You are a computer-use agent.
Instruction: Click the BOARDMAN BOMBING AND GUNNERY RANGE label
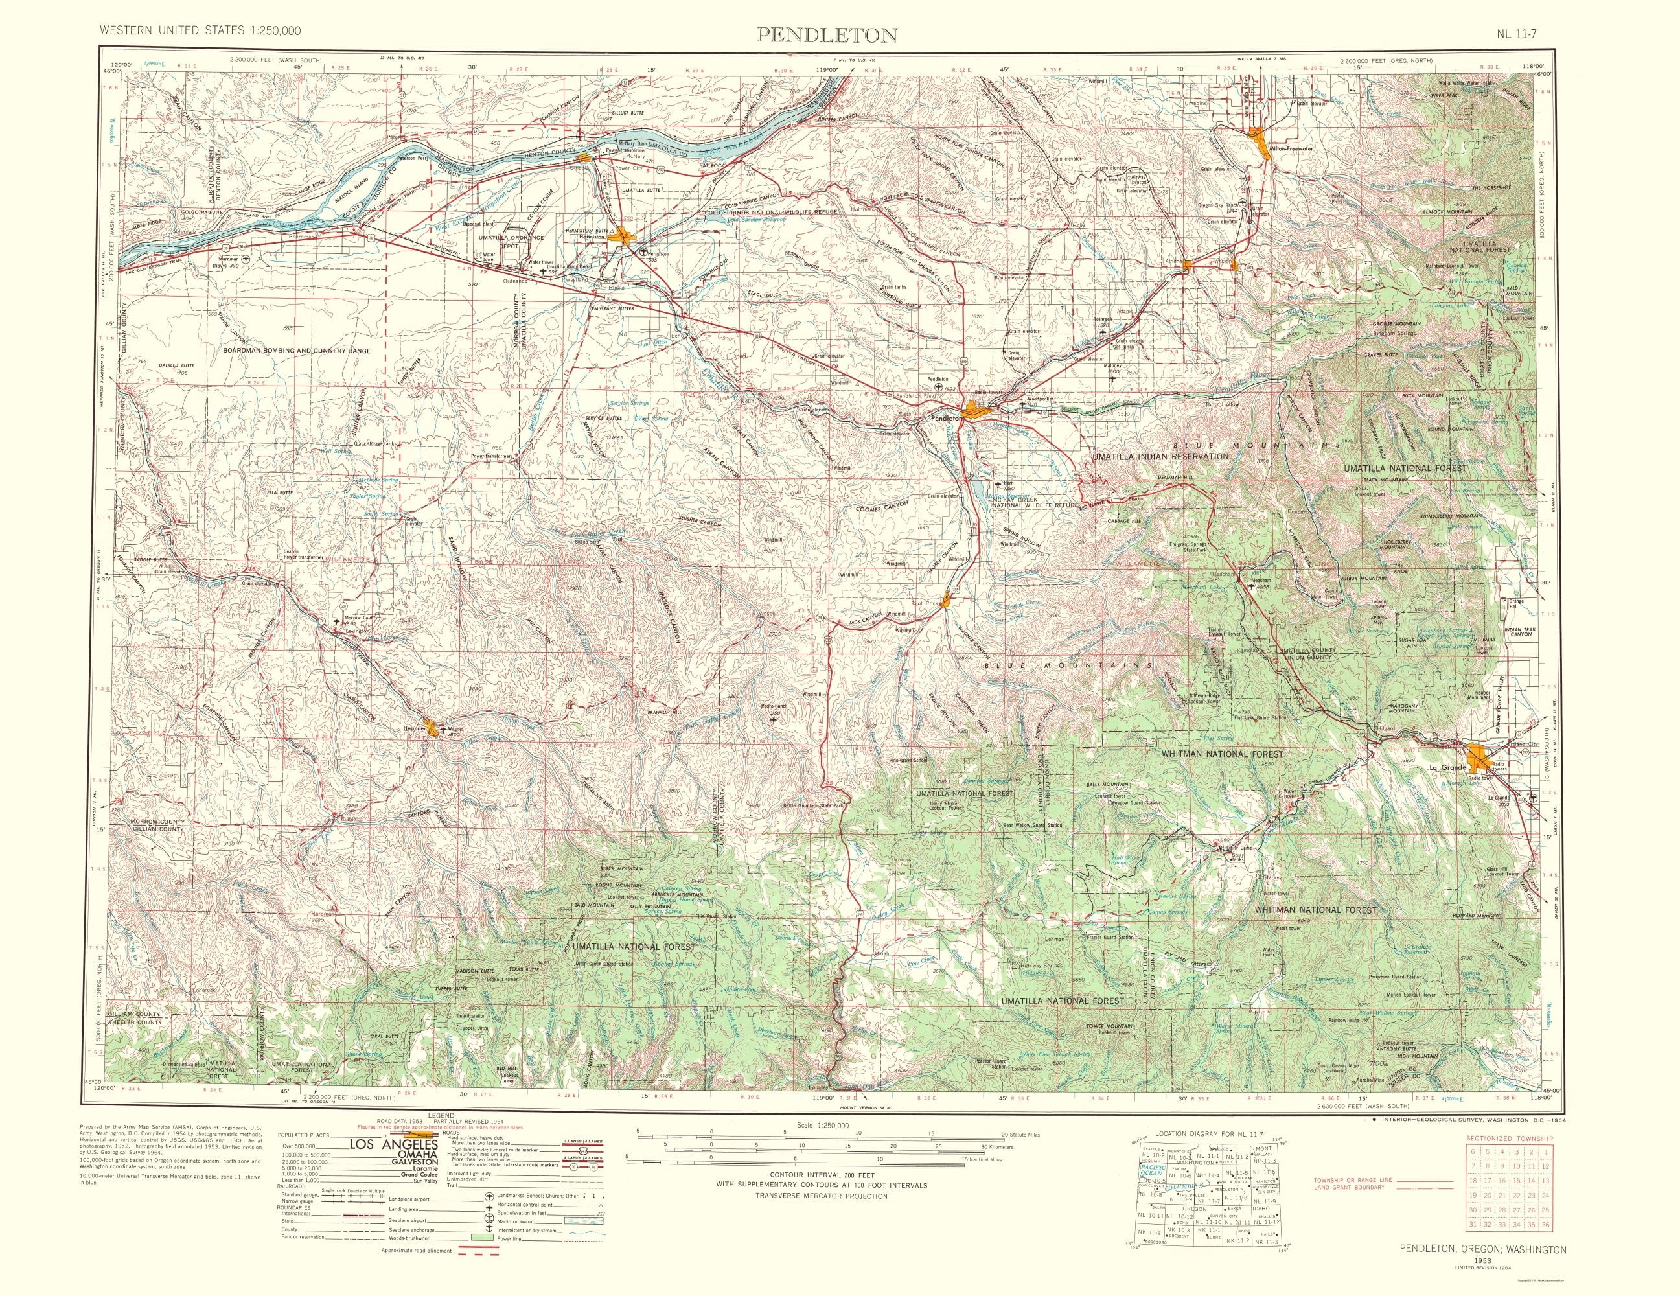point(296,351)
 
